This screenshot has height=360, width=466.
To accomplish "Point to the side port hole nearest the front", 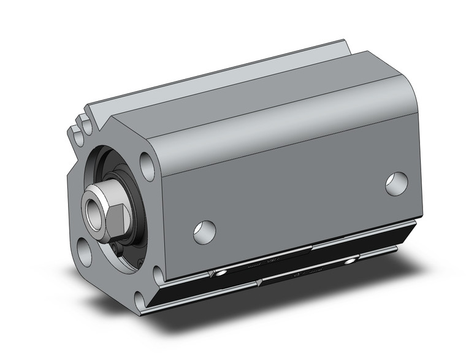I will coord(204,230).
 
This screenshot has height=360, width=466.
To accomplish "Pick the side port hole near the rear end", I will coord(397,182).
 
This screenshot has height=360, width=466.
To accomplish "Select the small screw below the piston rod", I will coord(117,247).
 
